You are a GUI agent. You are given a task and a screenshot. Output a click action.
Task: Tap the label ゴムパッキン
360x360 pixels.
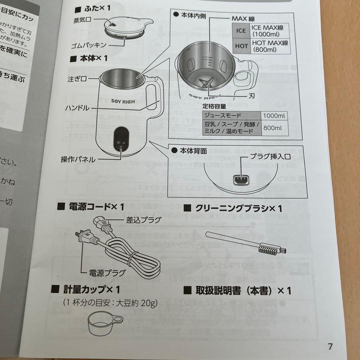[89, 45]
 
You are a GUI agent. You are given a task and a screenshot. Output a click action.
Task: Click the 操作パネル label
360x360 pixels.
[78, 159]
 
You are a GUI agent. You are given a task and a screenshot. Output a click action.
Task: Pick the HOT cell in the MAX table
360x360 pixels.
[241, 46]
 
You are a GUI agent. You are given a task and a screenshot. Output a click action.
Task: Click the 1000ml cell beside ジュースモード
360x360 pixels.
[274, 116]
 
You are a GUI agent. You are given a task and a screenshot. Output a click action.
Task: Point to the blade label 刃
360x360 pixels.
[252, 95]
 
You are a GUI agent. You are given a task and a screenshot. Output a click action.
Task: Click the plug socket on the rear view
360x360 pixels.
[240, 180]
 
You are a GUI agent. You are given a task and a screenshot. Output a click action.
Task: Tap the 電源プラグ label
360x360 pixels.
[107, 273]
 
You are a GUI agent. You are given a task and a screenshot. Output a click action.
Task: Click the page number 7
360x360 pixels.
[330, 346]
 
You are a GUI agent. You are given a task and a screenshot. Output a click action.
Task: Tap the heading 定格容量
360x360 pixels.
[215, 106]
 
